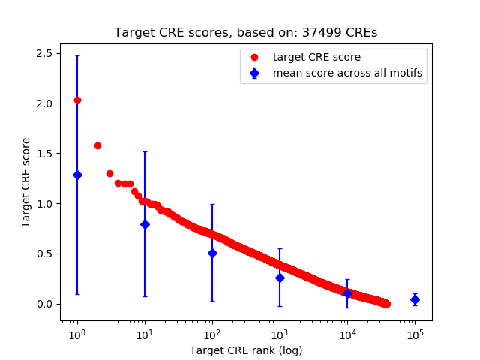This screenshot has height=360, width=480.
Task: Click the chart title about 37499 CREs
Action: [x=246, y=33]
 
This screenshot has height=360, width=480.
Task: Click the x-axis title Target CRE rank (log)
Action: [x=246, y=349]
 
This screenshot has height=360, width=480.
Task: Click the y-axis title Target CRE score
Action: [x=26, y=182]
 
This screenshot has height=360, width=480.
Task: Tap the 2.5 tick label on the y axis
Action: [x=44, y=53]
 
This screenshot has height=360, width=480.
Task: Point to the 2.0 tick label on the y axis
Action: [x=44, y=103]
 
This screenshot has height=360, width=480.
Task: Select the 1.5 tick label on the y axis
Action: [x=44, y=154]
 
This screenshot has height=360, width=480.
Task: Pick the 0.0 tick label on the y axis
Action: [x=44, y=304]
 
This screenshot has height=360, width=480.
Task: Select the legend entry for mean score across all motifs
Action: [x=344, y=73]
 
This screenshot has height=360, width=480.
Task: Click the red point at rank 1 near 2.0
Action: [x=77, y=100]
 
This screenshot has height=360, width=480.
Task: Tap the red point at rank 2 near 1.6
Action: [x=97, y=145]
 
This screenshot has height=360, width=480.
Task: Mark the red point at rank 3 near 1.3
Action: [x=109, y=173]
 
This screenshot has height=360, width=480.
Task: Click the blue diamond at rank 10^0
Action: [x=77, y=175]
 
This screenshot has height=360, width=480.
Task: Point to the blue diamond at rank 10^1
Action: [x=145, y=224]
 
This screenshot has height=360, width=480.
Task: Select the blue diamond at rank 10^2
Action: [x=212, y=253]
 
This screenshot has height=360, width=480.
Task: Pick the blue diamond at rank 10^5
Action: [x=415, y=300]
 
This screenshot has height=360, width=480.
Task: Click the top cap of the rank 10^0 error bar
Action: [x=77, y=55]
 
